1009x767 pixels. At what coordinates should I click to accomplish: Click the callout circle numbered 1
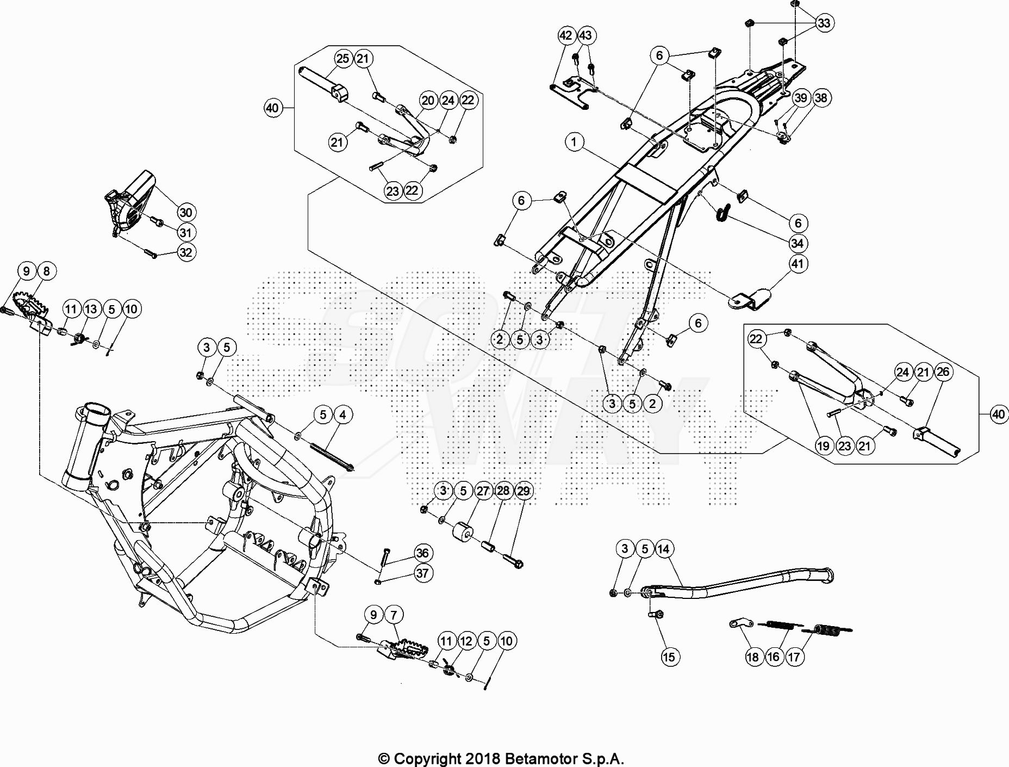[x=574, y=143]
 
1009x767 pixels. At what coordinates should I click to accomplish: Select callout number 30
[x=186, y=213]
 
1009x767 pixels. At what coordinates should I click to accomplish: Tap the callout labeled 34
[x=798, y=243]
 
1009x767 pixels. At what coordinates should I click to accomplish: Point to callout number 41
[x=798, y=264]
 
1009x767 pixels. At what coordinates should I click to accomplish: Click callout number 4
[x=342, y=415]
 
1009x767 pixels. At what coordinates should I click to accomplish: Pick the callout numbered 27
[x=483, y=491]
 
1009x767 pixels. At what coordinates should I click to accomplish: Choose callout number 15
[x=669, y=657]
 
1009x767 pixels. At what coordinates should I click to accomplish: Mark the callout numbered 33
[x=824, y=23]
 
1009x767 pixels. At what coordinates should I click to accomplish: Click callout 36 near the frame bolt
[x=422, y=553]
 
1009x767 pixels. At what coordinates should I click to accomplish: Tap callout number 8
[x=47, y=271]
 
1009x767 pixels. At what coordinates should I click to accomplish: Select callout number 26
[x=943, y=372]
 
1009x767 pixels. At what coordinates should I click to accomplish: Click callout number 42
[x=566, y=35]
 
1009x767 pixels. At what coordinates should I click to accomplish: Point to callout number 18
[x=752, y=657]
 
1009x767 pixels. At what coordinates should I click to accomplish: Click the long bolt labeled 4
[x=332, y=457]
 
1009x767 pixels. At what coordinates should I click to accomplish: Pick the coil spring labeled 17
[x=826, y=630]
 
